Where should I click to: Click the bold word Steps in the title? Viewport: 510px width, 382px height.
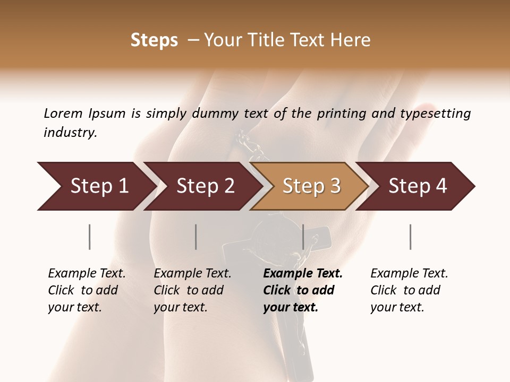pos(154,40)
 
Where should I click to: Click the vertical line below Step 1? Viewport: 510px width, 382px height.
pos(90,237)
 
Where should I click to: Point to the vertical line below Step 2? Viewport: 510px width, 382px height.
pos(196,237)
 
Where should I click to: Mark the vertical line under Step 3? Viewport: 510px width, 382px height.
pos(303,237)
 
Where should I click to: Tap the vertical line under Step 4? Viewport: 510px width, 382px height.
pos(410,237)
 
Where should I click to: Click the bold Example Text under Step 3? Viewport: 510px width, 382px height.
pos(303,273)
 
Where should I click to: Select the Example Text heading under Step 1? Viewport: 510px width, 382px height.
pos(87,273)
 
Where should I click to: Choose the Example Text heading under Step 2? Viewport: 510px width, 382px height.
pos(192,273)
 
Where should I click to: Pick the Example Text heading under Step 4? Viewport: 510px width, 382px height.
pos(409,273)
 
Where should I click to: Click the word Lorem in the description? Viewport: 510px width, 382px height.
pos(63,113)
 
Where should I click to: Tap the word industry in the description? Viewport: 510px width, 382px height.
pos(70,133)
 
